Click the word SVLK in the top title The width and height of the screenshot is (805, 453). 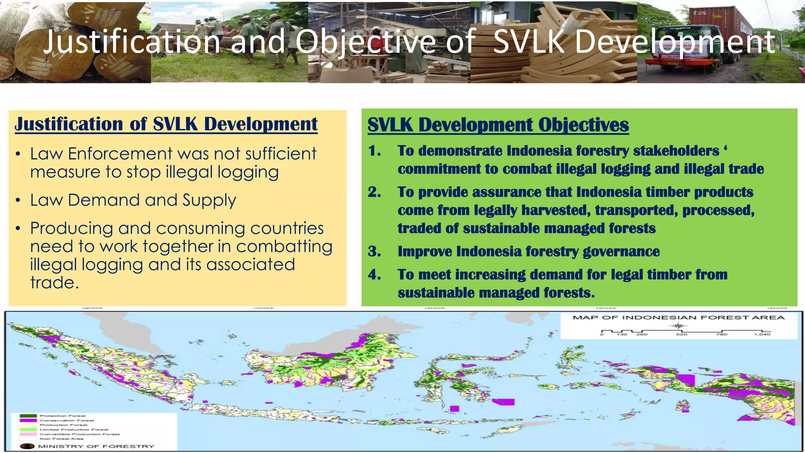pos(529,42)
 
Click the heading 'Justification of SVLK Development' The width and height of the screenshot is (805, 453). pos(166,124)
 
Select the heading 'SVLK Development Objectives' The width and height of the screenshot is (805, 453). pos(498,125)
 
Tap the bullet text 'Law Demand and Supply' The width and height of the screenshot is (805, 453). pos(133,200)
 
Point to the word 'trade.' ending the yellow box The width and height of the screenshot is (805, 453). pos(55,282)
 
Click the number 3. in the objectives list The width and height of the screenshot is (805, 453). pos(374,252)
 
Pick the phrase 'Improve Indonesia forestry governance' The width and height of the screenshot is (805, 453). pos(528,252)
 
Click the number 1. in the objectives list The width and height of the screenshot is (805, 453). pos(374,151)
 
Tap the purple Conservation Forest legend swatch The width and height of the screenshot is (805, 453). pos(28,420)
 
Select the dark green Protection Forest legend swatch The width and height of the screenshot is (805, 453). pos(28,416)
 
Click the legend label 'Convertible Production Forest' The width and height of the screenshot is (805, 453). pos(79,434)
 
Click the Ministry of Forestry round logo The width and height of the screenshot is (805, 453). pos(27,446)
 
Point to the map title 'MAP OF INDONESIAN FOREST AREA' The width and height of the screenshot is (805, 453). pos(678,317)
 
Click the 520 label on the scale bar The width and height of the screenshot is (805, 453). pos(682,334)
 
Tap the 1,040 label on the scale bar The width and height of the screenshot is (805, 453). pos(762,334)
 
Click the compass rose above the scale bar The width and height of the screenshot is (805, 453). pos(678,326)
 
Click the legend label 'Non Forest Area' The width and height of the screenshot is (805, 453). pos(61,439)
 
